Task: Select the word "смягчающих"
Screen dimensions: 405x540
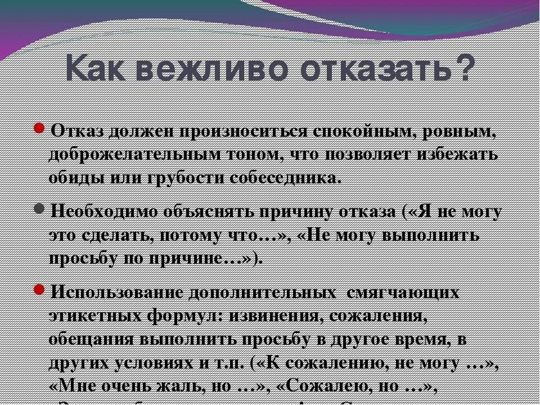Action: tap(403, 293)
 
